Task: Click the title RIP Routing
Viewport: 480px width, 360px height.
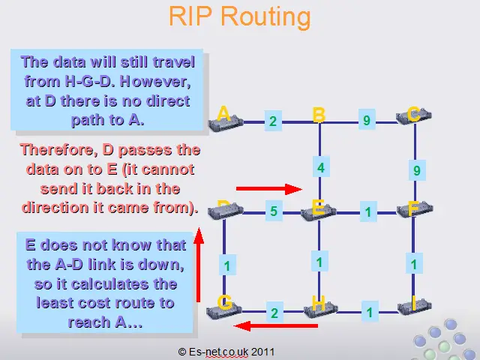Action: [x=240, y=16]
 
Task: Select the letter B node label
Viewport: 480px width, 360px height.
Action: [x=319, y=115]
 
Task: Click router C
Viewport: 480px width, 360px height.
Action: [x=414, y=115]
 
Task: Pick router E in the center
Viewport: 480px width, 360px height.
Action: [x=319, y=211]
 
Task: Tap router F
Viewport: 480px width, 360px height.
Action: [x=415, y=209]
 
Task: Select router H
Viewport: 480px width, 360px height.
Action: [x=320, y=309]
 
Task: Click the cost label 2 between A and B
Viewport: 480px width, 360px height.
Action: [x=273, y=121]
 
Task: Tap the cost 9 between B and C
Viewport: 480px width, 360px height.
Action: [x=367, y=120]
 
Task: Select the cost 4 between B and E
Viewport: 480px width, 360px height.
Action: [x=321, y=167]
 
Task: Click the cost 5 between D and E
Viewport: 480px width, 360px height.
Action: [x=274, y=211]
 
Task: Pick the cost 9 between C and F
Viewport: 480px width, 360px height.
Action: [x=417, y=170]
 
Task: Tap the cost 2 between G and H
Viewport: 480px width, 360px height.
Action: [x=274, y=313]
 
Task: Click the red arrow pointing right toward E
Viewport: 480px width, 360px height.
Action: [x=269, y=189]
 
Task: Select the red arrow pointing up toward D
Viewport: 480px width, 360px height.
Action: [x=199, y=265]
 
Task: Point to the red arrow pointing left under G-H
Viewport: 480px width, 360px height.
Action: [x=275, y=325]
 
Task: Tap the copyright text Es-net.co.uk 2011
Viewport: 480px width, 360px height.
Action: [x=226, y=352]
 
